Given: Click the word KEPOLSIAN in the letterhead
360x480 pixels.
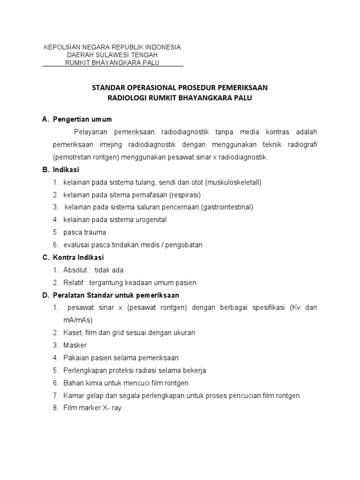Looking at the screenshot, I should [61, 47].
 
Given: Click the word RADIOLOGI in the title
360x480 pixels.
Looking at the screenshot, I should [126, 97].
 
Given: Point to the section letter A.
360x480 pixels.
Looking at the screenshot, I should [45, 120].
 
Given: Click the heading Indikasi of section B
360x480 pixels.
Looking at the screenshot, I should [66, 170].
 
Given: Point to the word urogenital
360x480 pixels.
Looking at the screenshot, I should [150, 220].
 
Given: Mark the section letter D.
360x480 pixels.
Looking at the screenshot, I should [45, 296].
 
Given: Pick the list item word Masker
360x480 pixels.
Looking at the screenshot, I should [75, 345].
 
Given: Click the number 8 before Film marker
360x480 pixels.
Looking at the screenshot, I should [55, 408].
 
